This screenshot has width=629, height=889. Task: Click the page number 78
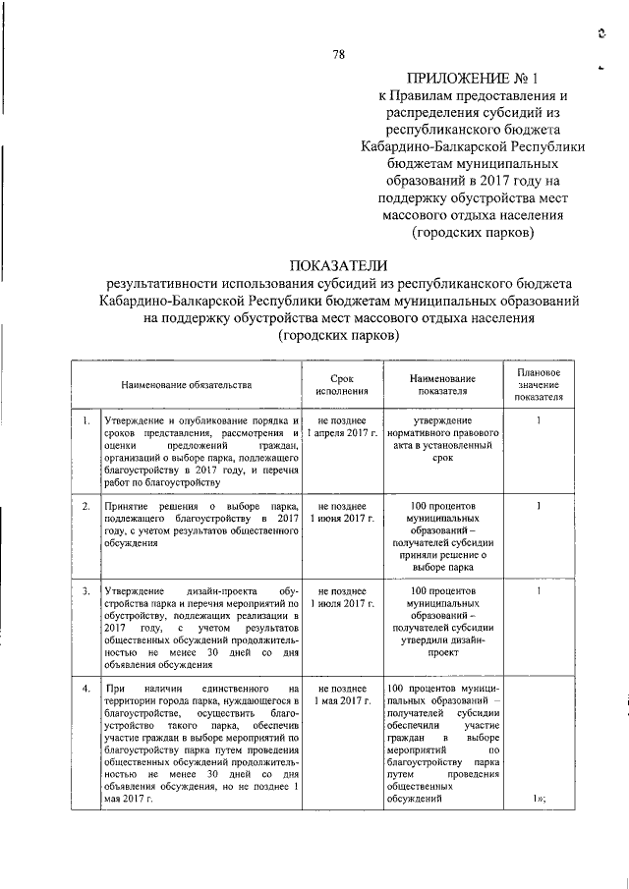pos(339,54)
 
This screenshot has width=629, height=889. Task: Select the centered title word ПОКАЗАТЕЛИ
pos(339,264)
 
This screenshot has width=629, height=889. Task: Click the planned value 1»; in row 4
pos(540,799)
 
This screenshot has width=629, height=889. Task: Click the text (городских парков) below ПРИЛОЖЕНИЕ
pos(473,234)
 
